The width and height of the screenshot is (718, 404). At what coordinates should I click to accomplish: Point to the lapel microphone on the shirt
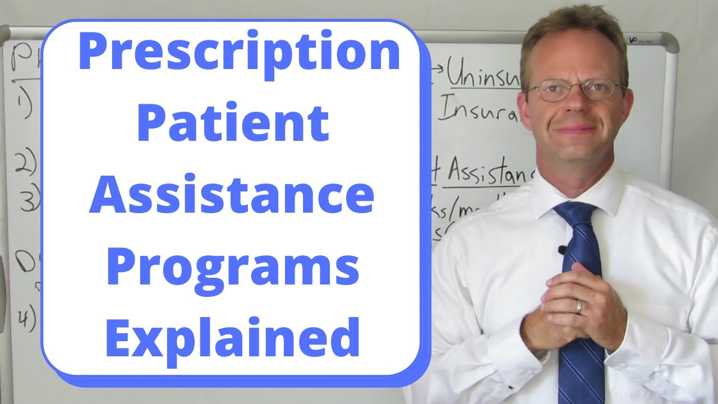561,250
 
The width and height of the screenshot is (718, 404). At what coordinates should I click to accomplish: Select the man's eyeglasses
575,90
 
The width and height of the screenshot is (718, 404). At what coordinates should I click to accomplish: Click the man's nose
577,107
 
